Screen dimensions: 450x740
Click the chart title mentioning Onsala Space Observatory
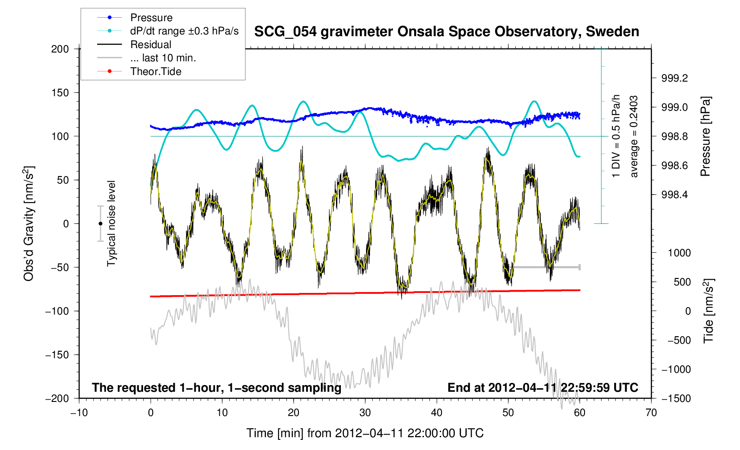(x=446, y=32)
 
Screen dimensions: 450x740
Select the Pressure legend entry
(x=151, y=18)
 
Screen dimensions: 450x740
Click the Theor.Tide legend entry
(x=155, y=71)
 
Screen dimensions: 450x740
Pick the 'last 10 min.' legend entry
(x=163, y=58)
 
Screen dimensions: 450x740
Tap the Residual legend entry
(x=151, y=45)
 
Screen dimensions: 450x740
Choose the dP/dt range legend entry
(x=184, y=31)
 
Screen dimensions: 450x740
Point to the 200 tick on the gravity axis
(x=60, y=49)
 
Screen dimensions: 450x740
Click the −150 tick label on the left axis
(x=57, y=355)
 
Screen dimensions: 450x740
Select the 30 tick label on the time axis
(x=365, y=413)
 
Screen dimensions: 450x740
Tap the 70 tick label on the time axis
(x=651, y=413)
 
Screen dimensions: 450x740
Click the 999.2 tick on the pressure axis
(x=674, y=78)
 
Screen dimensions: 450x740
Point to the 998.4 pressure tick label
(x=674, y=195)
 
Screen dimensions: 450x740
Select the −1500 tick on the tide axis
(x=676, y=398)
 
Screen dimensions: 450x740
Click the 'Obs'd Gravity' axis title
(x=29, y=224)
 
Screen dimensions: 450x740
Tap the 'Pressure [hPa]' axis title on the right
(x=706, y=136)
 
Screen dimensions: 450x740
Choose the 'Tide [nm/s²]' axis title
(x=709, y=311)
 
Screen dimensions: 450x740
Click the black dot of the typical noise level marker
(x=100, y=224)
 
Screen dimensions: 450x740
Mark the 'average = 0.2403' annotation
(x=634, y=136)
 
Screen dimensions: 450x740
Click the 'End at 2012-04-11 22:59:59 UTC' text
(x=543, y=388)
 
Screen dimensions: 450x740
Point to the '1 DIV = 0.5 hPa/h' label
(x=616, y=136)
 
